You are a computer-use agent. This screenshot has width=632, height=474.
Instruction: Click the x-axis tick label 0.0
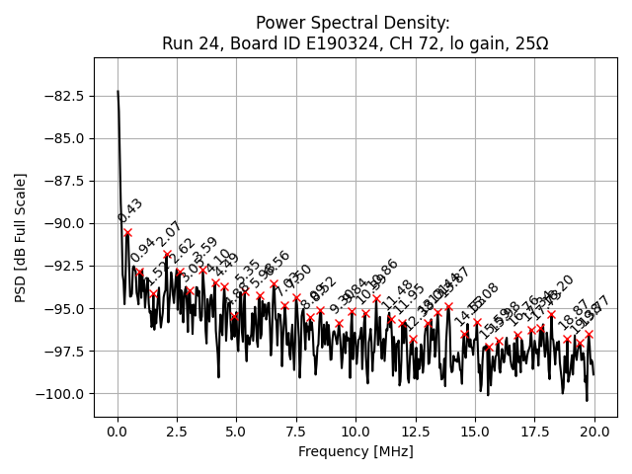click(x=118, y=432)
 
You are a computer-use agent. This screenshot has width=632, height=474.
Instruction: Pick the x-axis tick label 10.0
click(x=355, y=432)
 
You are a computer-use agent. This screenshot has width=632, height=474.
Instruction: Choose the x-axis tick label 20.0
click(x=594, y=432)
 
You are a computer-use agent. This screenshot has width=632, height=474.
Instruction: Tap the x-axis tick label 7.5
click(x=296, y=432)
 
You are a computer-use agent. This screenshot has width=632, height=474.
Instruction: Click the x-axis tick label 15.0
click(x=475, y=432)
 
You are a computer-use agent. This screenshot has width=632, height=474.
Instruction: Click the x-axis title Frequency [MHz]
click(x=355, y=451)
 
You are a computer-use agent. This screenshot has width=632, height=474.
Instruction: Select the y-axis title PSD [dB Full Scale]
click(x=21, y=237)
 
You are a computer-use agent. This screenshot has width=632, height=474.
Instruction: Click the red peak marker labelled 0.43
click(x=127, y=232)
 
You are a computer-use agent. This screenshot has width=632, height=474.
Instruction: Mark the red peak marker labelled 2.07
click(x=167, y=254)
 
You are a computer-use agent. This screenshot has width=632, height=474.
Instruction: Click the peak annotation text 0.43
click(x=130, y=210)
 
